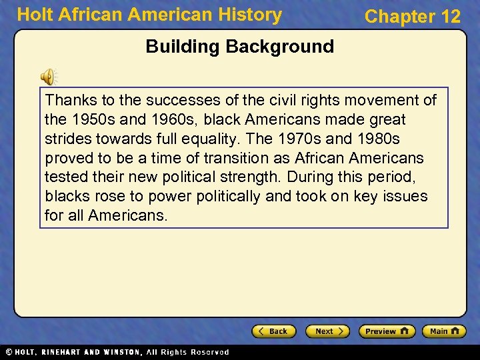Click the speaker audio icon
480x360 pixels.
pyautogui.click(x=49, y=77)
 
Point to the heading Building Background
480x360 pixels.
pyautogui.click(x=239, y=47)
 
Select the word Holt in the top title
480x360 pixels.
pyautogui.click(x=33, y=15)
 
